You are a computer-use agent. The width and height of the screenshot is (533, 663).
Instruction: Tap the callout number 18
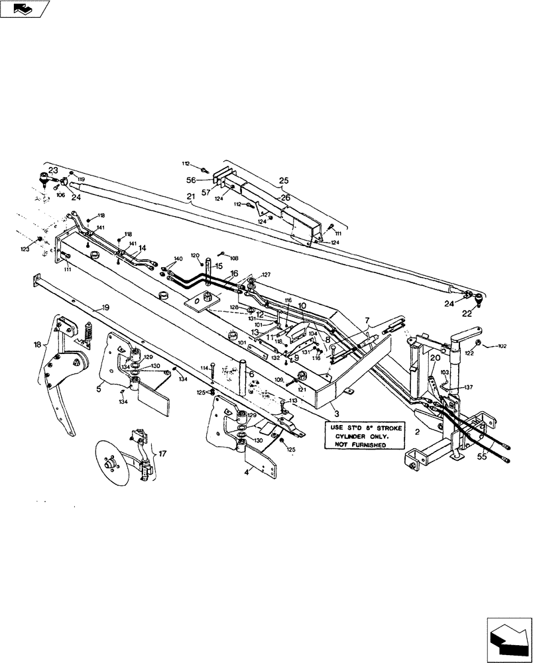37,345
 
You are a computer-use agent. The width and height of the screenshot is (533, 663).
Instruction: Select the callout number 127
266,274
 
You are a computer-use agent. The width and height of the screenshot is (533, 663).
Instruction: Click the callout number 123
25,249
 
